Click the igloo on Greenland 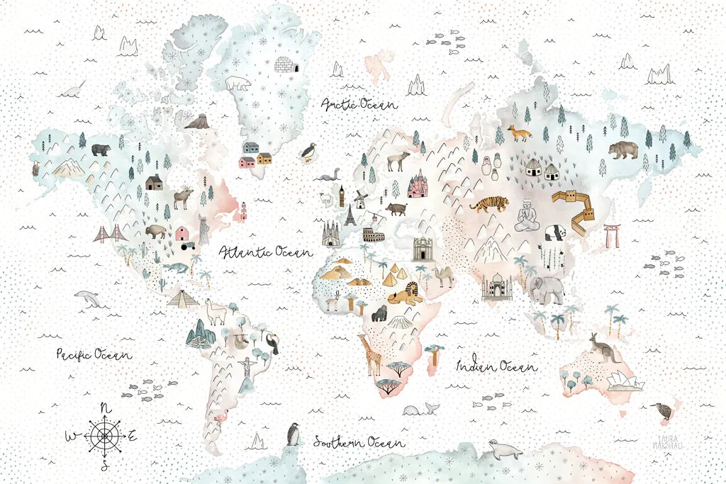(286, 65)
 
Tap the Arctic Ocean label (359, 105)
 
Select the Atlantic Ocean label (264, 252)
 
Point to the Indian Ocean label (496, 366)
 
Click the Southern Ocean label (355, 441)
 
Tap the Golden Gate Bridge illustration (111, 234)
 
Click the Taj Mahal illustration (497, 287)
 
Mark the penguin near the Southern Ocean (293, 434)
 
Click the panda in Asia (554, 232)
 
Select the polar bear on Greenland (238, 84)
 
